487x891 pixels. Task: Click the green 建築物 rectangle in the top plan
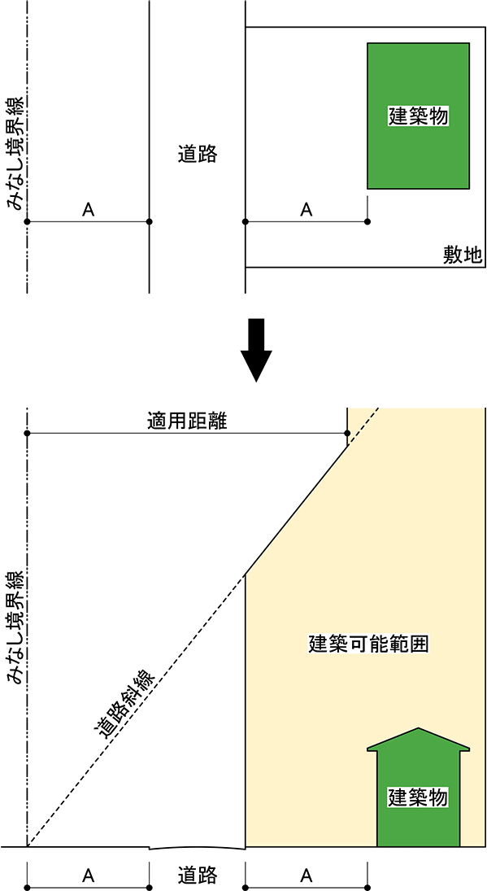[x=419, y=116]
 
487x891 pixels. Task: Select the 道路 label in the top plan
[x=198, y=154]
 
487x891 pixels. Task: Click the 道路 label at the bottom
[x=198, y=872]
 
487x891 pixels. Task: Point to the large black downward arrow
[x=257, y=350]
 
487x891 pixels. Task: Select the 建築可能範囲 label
[x=367, y=643]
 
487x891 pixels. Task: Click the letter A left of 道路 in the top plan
[x=88, y=210]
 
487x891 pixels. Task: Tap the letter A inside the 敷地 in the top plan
[x=306, y=210]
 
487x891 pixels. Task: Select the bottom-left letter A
[x=88, y=873]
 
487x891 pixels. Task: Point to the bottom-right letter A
[x=306, y=873]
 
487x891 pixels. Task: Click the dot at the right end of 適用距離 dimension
[x=347, y=434]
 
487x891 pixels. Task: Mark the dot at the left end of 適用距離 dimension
[x=27, y=434]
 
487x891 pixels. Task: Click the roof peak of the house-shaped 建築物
[x=419, y=728]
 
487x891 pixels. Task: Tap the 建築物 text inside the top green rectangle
[x=419, y=116]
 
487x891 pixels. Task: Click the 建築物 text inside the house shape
[x=419, y=797]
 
